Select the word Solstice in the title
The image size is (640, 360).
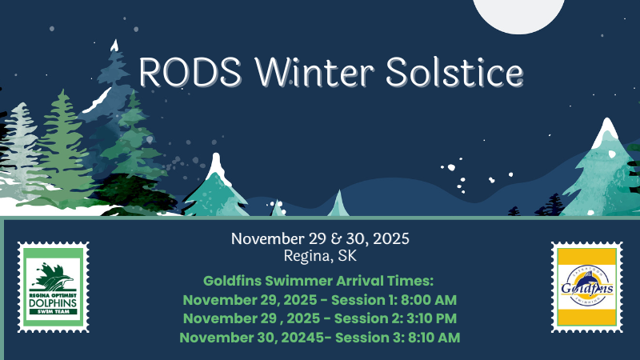454,72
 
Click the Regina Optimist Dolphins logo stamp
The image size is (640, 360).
53,287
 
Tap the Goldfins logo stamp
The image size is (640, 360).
586,287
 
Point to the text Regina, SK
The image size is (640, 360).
319,257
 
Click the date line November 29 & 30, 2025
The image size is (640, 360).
319,239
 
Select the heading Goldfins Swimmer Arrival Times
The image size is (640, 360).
318,282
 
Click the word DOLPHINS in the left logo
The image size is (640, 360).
53,305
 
